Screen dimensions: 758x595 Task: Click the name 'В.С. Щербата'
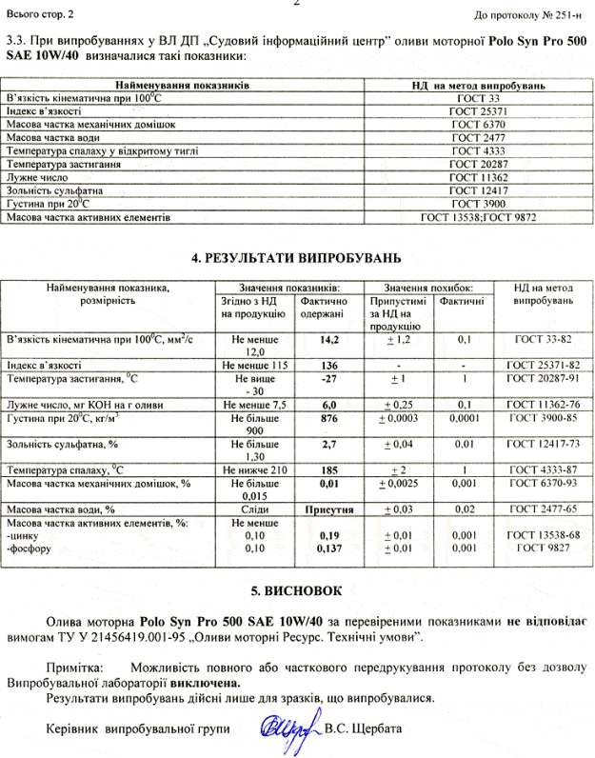363,729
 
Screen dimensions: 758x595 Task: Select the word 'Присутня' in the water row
330,509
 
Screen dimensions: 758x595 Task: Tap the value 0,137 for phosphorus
330,549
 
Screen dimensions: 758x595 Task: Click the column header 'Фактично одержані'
330,308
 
